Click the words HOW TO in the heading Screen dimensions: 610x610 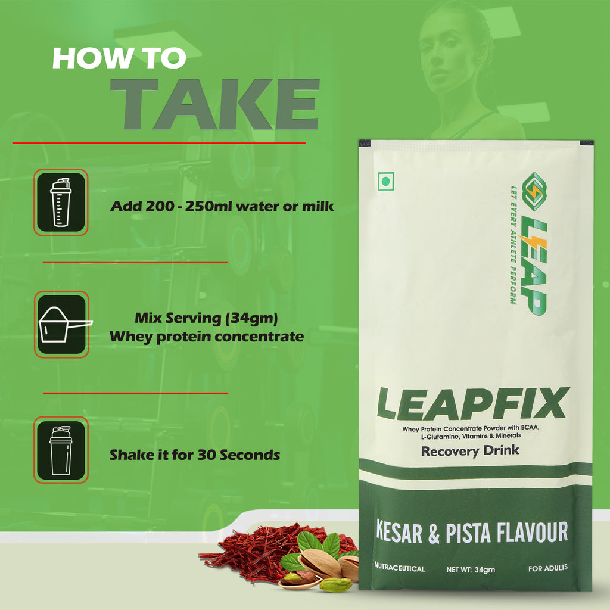pyautogui.click(x=119, y=58)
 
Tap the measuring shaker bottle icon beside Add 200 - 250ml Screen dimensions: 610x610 pyautogui.click(x=61, y=202)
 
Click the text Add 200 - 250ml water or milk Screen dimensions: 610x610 pyautogui.click(x=222, y=207)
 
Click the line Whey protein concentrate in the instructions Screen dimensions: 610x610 pyautogui.click(x=207, y=337)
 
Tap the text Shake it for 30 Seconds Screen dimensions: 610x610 pyautogui.click(x=194, y=455)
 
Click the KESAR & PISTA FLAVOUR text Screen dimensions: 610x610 pyautogui.click(x=471, y=531)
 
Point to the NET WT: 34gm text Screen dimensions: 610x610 pyautogui.click(x=471, y=569)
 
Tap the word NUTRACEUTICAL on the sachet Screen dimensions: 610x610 pyautogui.click(x=400, y=569)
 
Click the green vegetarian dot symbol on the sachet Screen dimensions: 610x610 pyautogui.click(x=387, y=181)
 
